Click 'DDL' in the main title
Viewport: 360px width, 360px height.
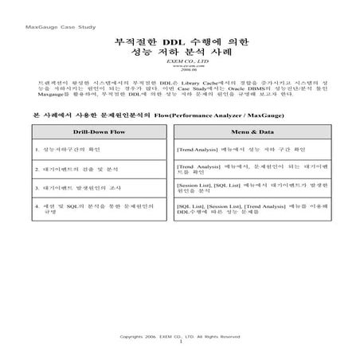(x=173, y=41)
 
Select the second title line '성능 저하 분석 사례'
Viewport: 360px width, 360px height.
(x=181, y=54)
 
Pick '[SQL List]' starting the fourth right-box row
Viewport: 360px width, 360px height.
(x=191, y=205)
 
